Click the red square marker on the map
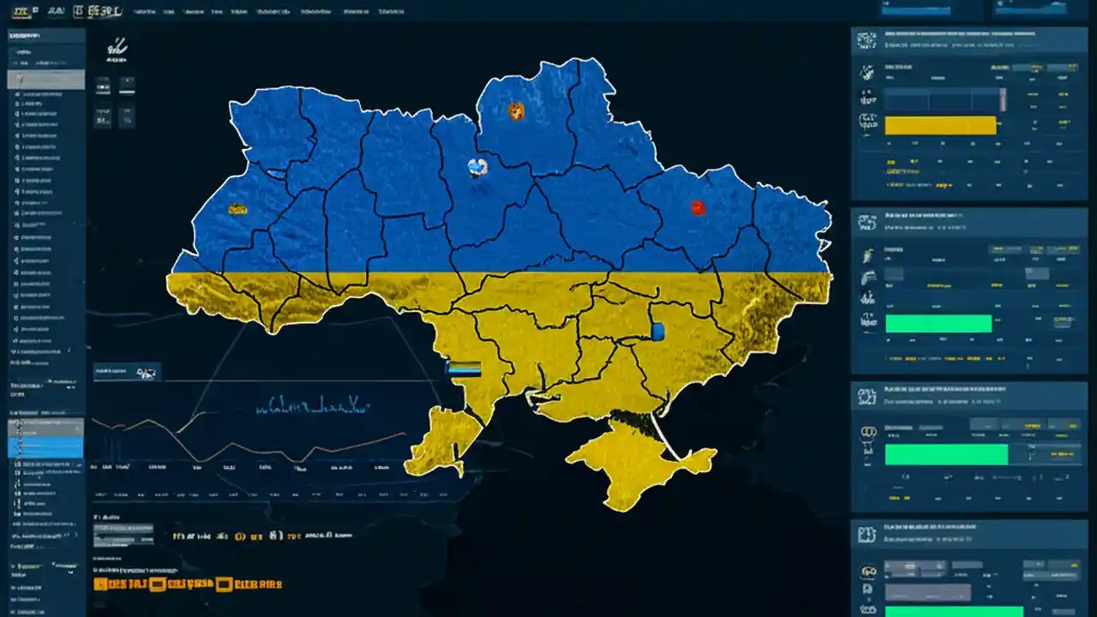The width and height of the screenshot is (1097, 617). point(698,207)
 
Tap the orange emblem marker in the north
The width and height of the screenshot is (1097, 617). point(516,111)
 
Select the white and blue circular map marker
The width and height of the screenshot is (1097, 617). point(477,167)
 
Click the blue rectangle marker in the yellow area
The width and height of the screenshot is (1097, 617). point(657,332)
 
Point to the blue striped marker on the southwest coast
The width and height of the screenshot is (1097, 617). point(464,368)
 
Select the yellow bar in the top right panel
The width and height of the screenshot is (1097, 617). point(940,126)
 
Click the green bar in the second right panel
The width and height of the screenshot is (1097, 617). point(938,323)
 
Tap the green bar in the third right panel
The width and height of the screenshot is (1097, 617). point(946,454)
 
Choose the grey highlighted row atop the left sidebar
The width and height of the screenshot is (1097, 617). point(46,80)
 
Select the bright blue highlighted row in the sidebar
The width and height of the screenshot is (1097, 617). point(46,446)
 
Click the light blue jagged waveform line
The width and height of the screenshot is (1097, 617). point(313,404)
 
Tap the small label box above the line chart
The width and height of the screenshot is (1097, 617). point(127,372)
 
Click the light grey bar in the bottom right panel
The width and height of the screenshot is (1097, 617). point(927,592)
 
